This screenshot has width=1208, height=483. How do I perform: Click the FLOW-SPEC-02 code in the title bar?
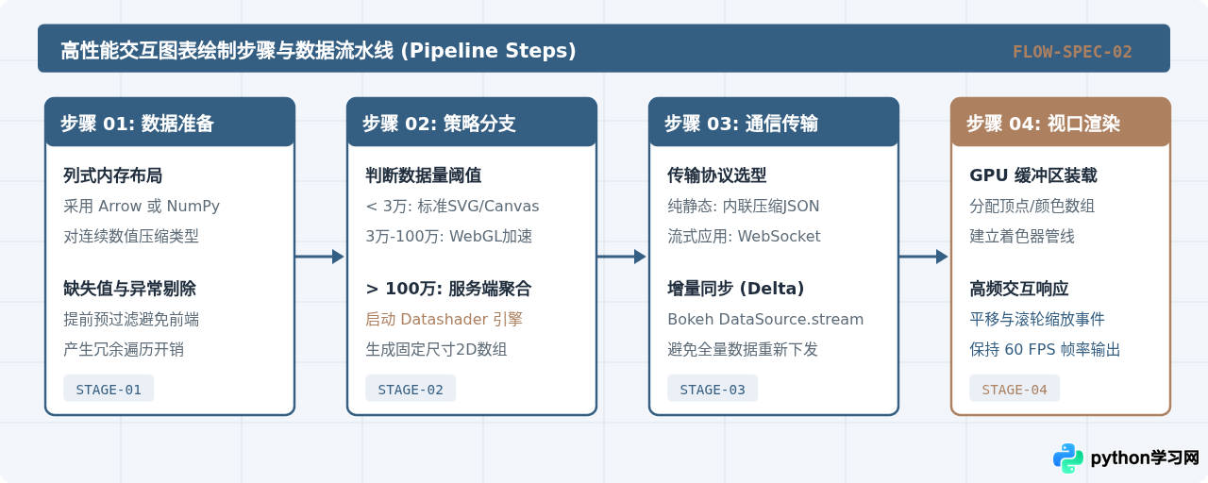coord(1072,52)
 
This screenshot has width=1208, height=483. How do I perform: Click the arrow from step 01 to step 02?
coord(320,257)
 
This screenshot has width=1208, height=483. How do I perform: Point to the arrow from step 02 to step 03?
coord(622,257)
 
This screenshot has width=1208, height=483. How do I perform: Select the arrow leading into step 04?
coord(924,257)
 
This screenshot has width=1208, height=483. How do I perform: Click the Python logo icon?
coord(1067,458)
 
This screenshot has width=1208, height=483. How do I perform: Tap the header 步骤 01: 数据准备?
coord(137,124)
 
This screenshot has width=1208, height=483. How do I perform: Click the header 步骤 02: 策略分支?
coord(439,124)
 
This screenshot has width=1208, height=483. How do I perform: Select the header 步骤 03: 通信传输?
coord(741,124)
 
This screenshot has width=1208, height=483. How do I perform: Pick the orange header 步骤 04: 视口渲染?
coord(1043,124)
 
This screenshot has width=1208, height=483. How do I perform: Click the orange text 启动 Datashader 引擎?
coord(444,319)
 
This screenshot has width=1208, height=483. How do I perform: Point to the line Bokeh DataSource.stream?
coord(765,319)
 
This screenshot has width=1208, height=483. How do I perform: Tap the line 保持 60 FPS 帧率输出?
coord(1045,349)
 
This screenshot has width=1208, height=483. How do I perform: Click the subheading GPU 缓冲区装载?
coord(1033,175)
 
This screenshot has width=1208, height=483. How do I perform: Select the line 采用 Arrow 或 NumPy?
coord(142,206)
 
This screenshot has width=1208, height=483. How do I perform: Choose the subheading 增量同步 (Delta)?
coord(735,289)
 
